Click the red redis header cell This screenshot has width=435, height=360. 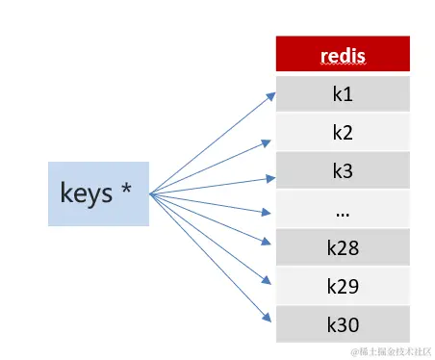[343, 54]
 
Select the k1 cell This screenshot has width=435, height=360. [343, 93]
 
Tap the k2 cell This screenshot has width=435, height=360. [343, 132]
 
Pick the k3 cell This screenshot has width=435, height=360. [343, 170]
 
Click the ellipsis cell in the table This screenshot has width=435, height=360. [343, 209]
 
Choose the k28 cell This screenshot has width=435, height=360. [343, 247]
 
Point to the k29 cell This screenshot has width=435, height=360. [343, 286]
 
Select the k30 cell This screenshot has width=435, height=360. [343, 323]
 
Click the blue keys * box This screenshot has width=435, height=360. [98, 193]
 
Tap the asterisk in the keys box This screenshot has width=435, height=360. [126, 191]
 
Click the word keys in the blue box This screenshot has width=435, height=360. [86, 193]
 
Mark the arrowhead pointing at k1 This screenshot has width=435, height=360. [270, 93]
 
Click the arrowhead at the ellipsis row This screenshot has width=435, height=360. [270, 211]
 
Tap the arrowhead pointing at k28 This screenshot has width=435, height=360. [270, 244]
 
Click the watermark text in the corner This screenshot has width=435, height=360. [390, 351]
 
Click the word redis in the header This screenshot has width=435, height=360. [343, 55]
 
